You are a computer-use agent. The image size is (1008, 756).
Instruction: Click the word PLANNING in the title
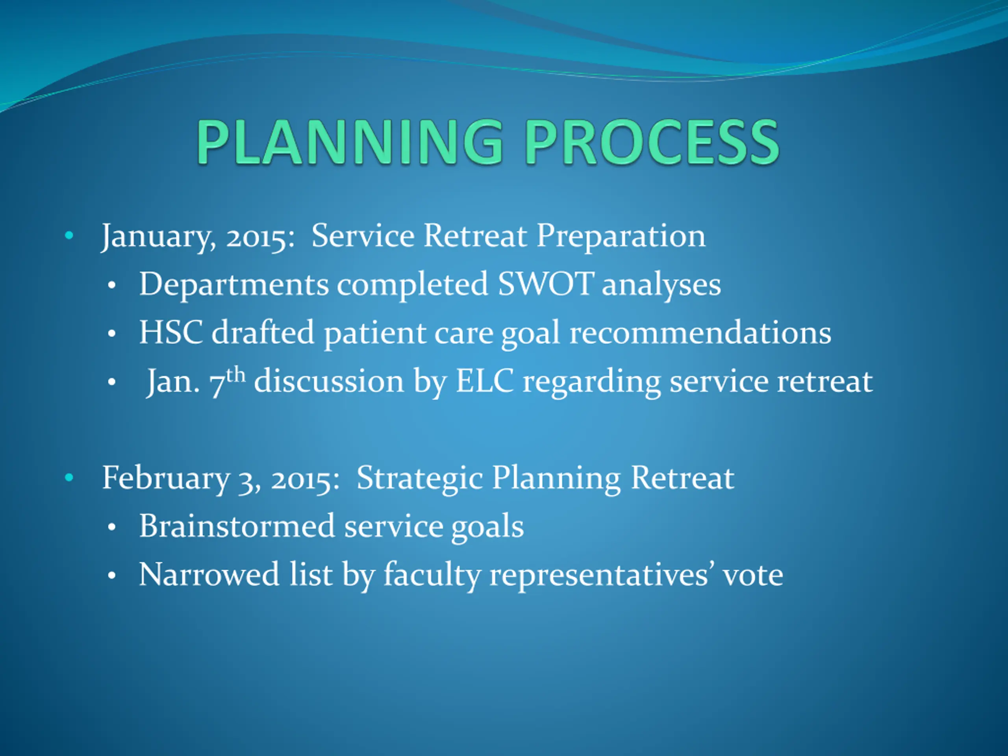click(x=350, y=142)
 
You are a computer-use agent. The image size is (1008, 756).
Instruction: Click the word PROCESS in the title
click(x=652, y=142)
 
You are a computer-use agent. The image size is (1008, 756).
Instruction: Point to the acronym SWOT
click(x=545, y=284)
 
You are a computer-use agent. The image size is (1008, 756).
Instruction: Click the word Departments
click(x=234, y=285)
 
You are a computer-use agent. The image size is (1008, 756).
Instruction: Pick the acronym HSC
click(x=171, y=333)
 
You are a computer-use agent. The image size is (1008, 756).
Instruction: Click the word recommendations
click(x=700, y=333)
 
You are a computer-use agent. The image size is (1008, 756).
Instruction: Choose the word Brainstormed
click(x=237, y=526)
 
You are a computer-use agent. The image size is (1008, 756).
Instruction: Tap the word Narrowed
click(x=209, y=574)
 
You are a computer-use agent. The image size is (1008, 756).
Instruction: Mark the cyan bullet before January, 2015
click(x=69, y=236)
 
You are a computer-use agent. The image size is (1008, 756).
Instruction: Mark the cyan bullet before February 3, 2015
click(x=69, y=478)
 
